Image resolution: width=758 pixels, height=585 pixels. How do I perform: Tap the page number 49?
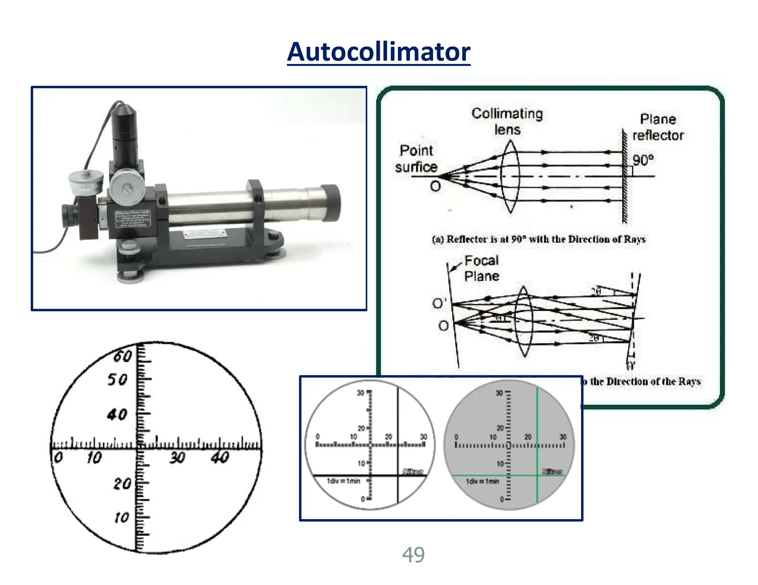pyautogui.click(x=413, y=555)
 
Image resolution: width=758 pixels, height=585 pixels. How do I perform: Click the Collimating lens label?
pyautogui.click(x=507, y=121)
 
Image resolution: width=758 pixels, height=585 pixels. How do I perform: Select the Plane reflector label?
pyautogui.click(x=658, y=127)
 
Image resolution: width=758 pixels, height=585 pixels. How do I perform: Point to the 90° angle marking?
pyautogui.click(x=643, y=160)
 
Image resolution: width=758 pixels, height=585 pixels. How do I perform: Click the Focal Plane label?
pyautogui.click(x=481, y=268)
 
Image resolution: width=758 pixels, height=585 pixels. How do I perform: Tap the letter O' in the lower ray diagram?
pyautogui.click(x=439, y=303)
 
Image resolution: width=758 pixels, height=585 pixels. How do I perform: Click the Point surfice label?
pyautogui.click(x=416, y=159)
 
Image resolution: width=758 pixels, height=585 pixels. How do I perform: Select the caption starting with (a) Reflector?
pyautogui.click(x=539, y=239)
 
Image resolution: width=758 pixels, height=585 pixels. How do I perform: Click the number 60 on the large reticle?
pyautogui.click(x=123, y=356)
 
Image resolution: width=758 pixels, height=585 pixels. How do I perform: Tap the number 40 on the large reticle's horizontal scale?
pyautogui.click(x=220, y=458)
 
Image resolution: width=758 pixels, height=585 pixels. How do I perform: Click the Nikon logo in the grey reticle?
pyautogui.click(x=552, y=471)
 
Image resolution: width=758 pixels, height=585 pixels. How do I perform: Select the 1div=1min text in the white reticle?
pyautogui.click(x=343, y=481)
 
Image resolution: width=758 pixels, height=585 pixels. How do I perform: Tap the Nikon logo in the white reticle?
pyautogui.click(x=413, y=471)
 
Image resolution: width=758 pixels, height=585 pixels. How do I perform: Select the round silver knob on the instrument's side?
pyautogui.click(x=128, y=189)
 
